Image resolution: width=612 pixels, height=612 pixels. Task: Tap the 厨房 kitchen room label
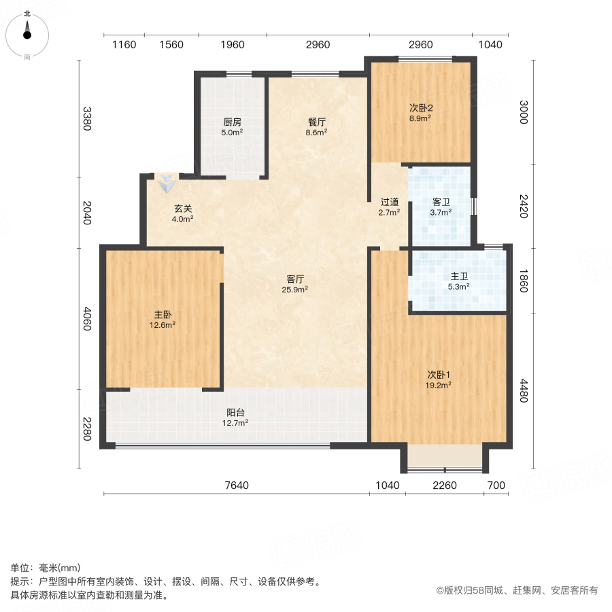coord(233,122)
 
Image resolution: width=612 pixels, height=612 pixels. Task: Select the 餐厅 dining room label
coord(318,122)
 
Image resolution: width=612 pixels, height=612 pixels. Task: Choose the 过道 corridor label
coord(389,202)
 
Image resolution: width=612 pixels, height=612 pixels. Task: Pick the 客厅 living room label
coord(294,279)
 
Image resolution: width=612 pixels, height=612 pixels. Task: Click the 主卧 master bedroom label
coord(163,315)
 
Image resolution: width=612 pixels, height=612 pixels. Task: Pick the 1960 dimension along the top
coord(233,45)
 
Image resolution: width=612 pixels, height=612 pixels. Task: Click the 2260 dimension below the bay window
coord(445,486)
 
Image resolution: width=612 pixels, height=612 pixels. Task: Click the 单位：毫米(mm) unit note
coord(46,568)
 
